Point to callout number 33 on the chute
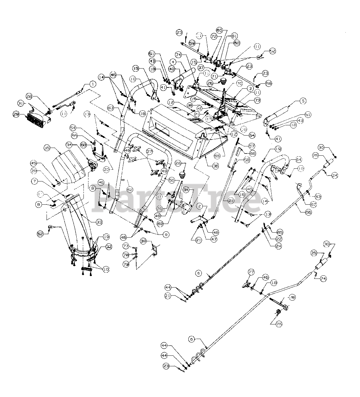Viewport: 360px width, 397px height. click(x=99, y=222)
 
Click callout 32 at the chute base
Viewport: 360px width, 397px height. click(x=100, y=247)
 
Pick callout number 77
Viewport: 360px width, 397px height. click(x=126, y=246)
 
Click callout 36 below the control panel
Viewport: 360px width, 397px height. click(x=215, y=166)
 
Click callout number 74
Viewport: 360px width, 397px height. click(x=178, y=54)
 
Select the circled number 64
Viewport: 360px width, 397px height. click(x=299, y=160)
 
